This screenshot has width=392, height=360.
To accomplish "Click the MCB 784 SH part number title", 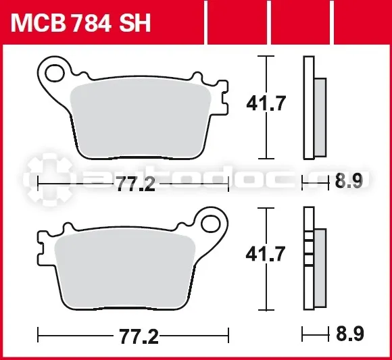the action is pos(80,23).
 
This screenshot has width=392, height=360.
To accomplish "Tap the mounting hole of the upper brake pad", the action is pos(55,73).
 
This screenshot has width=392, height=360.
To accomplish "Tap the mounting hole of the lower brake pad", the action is pos(211,224).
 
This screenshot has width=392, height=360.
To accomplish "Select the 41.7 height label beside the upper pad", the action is pos(266,103).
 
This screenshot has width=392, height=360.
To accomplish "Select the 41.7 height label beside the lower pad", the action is pos(266,254).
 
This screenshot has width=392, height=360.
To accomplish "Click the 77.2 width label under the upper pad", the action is pos(136,184).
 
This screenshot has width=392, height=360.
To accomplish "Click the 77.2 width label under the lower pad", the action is pos(139,336).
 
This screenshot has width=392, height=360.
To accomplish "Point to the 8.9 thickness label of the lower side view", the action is pos(349,334).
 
